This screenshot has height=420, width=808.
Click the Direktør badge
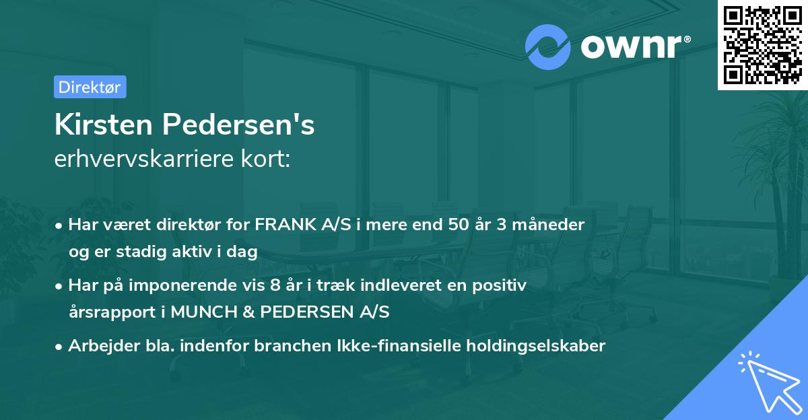tap(90, 87)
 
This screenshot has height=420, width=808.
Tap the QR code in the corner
tap(762, 44)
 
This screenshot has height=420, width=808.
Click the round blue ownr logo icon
tap(548, 47)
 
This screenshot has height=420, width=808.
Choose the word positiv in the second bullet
tap(501, 285)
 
